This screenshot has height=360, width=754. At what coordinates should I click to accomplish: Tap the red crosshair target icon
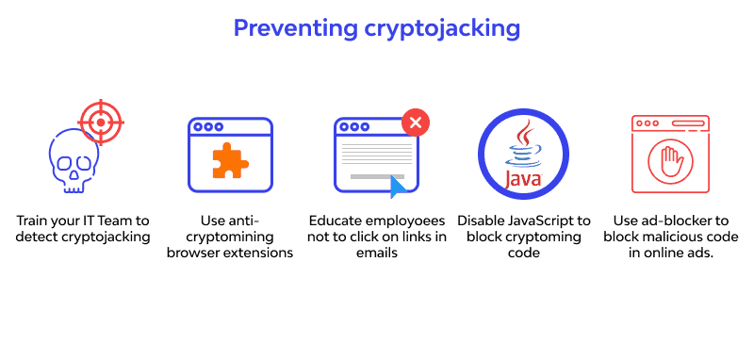tap(100, 121)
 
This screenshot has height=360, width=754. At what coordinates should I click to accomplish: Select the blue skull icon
tap(73, 161)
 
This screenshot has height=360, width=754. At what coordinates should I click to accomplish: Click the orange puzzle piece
tap(229, 160)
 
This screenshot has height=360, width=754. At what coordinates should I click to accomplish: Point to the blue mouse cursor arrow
tap(399, 186)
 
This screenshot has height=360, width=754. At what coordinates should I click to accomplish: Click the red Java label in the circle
tap(523, 179)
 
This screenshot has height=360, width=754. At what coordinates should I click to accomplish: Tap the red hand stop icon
tap(670, 156)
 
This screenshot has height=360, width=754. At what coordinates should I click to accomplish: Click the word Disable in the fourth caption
tap(484, 220)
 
